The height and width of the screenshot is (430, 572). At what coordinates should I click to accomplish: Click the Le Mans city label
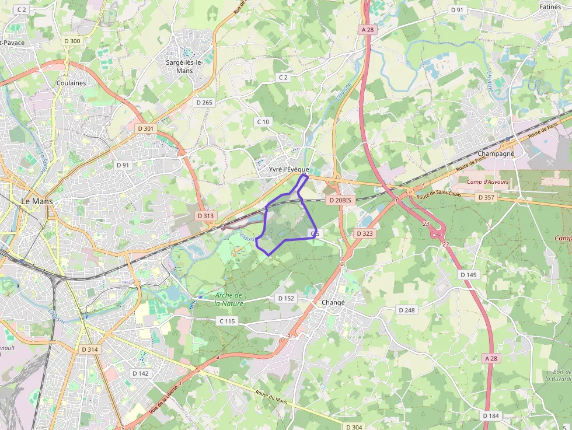37,201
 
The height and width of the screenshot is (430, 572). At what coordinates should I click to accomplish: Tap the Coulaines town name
71,83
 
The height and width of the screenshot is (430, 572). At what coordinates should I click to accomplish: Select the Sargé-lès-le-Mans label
184,67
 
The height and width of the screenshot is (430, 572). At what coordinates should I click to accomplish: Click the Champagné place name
496,153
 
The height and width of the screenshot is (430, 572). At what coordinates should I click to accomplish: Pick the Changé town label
333,303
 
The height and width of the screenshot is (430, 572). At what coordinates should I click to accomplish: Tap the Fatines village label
550,7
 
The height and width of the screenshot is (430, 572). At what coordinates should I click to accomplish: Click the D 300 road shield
72,41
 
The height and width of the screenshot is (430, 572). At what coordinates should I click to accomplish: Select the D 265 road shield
204,102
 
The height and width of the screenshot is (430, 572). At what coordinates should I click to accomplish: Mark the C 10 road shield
263,122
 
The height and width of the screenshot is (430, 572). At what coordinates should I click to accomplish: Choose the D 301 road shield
146,128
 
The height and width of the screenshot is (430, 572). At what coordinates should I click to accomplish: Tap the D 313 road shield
206,216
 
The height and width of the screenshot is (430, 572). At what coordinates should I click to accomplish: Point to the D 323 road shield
365,233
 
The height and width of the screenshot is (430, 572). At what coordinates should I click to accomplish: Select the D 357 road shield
486,198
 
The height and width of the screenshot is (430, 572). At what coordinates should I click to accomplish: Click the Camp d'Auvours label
487,182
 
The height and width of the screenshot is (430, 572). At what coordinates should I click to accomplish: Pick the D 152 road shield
286,298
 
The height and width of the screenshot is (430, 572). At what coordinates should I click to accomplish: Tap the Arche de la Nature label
228,299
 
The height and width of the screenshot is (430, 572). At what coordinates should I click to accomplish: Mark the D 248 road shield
407,310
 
